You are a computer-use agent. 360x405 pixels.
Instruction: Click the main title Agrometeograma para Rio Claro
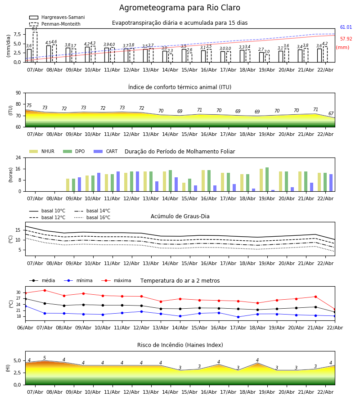click(180, 8)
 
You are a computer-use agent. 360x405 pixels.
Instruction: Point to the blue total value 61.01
click(346, 27)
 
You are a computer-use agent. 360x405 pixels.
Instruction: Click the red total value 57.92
click(346, 39)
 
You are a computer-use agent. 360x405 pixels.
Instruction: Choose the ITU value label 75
click(29, 106)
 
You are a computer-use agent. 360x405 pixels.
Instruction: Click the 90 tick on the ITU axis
click(18, 93)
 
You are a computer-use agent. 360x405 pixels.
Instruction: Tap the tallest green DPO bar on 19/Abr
click(267, 180)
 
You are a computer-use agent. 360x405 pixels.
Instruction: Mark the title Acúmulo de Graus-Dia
click(180, 216)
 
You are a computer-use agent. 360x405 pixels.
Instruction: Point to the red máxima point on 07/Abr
click(45, 290)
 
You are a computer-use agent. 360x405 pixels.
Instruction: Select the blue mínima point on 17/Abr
click(238, 317)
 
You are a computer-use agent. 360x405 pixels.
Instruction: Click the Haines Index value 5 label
click(45, 358)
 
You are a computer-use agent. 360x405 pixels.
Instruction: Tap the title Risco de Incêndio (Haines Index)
click(180, 345)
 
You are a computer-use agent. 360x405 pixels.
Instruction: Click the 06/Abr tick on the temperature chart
click(25, 327)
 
